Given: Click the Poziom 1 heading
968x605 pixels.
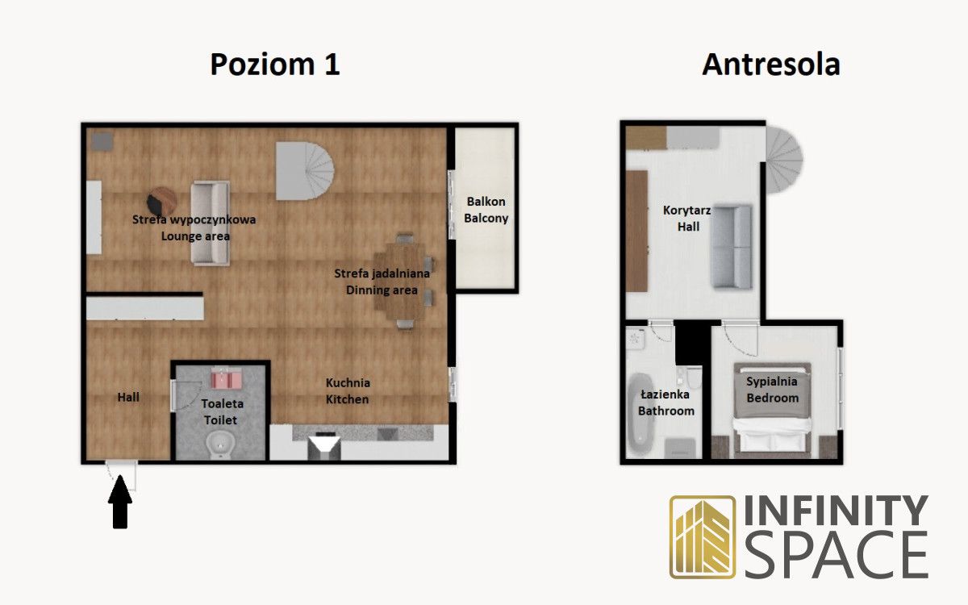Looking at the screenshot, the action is click(275, 65).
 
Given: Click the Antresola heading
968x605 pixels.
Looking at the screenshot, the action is click(771, 65).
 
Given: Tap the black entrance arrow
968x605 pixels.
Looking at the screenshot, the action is click(120, 502).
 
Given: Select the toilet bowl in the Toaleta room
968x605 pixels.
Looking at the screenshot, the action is click(220, 445).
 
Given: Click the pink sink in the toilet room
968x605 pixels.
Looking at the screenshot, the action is click(226, 378).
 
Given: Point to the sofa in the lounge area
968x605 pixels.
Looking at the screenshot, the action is click(210, 223).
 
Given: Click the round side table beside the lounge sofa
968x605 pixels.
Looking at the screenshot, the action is click(161, 201).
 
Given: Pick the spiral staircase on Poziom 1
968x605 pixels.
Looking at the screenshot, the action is click(305, 171).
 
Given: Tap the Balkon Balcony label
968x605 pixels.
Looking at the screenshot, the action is click(486, 210).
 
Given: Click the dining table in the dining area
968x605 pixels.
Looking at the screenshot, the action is click(401, 282).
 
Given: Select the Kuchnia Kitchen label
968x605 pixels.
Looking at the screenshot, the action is click(348, 390).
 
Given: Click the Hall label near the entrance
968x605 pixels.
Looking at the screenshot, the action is click(128, 397).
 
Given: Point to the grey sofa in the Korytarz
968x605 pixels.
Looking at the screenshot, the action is click(732, 247).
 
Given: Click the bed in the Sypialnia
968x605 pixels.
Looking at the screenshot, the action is click(772, 410).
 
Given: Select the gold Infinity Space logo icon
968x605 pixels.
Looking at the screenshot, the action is click(703, 537).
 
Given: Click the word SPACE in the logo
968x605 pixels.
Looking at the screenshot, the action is click(837, 555).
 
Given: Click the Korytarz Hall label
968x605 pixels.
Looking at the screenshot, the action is click(687, 219).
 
